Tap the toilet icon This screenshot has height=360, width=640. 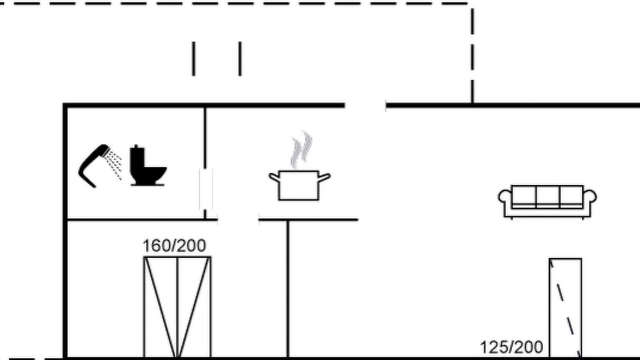coord(147,165)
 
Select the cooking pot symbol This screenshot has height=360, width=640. coord(299,185)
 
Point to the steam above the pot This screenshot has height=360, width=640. coord(301,150)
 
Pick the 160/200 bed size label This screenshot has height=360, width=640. coord(174,245)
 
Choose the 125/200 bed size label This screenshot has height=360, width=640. coord(511,347)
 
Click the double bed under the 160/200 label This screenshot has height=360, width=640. coord(177,307)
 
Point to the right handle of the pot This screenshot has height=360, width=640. coord(324,177)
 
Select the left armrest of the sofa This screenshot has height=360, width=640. coord(505,197)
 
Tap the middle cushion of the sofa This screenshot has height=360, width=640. coord(547,196)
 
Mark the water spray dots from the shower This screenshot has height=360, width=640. coord(113,165)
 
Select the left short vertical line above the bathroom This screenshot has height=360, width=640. coord(193,59)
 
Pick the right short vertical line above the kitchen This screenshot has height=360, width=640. coord(240,59)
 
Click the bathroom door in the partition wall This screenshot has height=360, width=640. coord(205,189)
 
